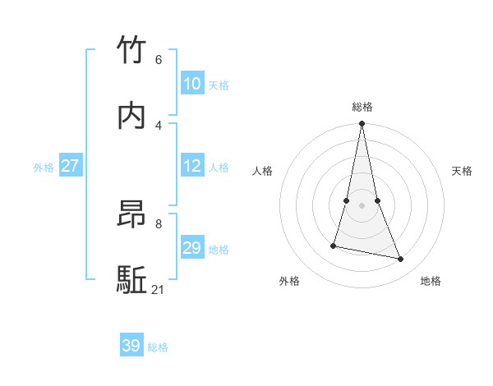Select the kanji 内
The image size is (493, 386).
click(x=132, y=116)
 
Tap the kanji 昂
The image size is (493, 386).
click(x=132, y=214)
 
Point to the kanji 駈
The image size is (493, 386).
click(x=132, y=280)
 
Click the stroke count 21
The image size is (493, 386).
click(x=159, y=289)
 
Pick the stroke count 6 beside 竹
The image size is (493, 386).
click(x=159, y=59)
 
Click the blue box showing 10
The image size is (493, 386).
click(x=191, y=84)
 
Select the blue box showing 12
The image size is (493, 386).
click(x=191, y=166)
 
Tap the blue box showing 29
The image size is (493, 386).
click(x=191, y=248)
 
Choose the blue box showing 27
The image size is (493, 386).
click(x=70, y=166)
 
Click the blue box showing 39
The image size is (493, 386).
click(x=131, y=346)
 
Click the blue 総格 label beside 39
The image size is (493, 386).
click(x=158, y=347)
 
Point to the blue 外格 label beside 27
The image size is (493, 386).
click(x=44, y=168)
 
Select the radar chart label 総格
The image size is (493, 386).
click(x=362, y=107)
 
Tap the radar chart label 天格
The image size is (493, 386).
click(x=462, y=171)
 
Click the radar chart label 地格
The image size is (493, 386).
click(x=431, y=281)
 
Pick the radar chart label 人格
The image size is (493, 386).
click(x=263, y=171)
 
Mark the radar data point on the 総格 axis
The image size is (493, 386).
click(x=362, y=124)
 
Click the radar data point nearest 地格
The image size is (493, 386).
click(x=401, y=259)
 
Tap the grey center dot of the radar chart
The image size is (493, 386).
click(x=362, y=205)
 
